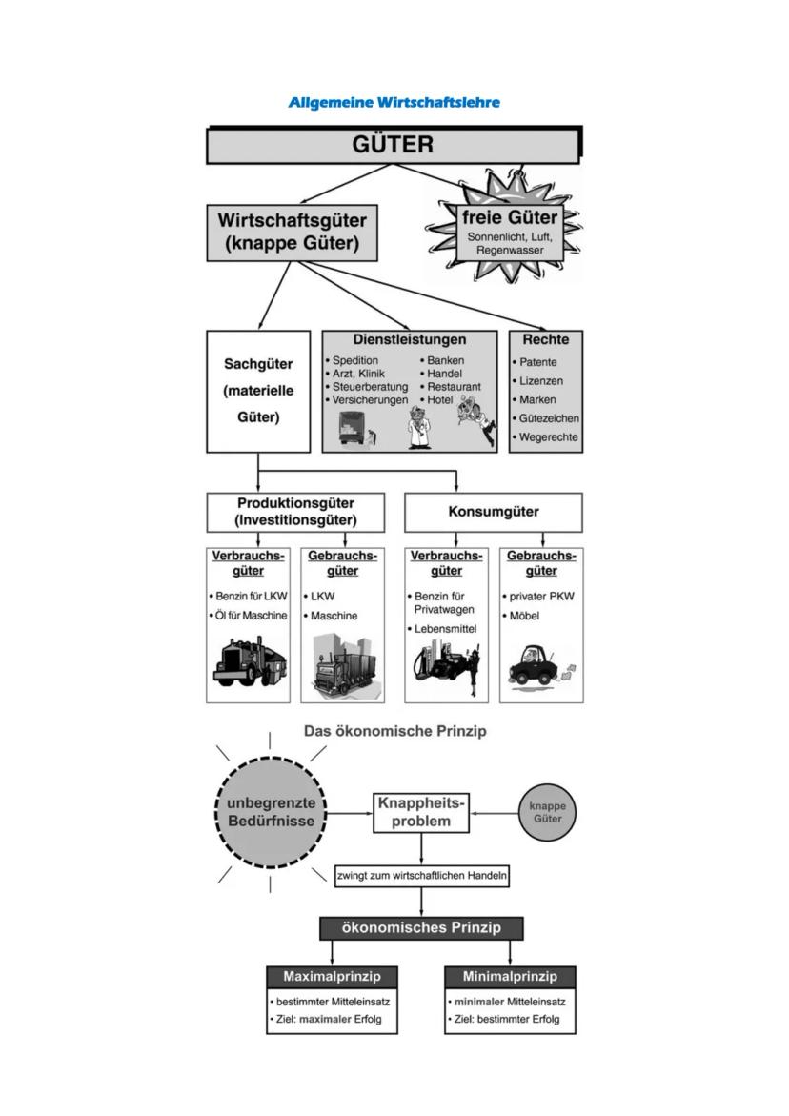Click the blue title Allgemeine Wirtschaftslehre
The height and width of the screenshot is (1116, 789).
[394, 102]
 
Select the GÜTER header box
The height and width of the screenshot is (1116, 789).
[393, 146]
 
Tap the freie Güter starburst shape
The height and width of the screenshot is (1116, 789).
[504, 229]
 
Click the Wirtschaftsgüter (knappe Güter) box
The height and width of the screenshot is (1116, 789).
[292, 232]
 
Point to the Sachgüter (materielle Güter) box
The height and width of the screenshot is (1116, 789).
[258, 391]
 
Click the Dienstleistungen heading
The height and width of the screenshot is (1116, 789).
[410, 339]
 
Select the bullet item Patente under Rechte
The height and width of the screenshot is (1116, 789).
[538, 362]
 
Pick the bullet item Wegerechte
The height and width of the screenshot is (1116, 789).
[549, 436]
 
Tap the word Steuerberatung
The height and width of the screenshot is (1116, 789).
[370, 387]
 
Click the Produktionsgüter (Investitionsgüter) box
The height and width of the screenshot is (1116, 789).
[295, 512]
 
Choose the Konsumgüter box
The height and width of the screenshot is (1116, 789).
[494, 512]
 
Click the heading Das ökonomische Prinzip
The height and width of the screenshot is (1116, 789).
[394, 732]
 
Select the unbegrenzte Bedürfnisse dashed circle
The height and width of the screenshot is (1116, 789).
[271, 813]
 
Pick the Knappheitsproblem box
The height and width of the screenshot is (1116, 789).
[421, 813]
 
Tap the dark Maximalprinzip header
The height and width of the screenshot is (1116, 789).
[332, 977]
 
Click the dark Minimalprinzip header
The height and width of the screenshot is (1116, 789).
[511, 977]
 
